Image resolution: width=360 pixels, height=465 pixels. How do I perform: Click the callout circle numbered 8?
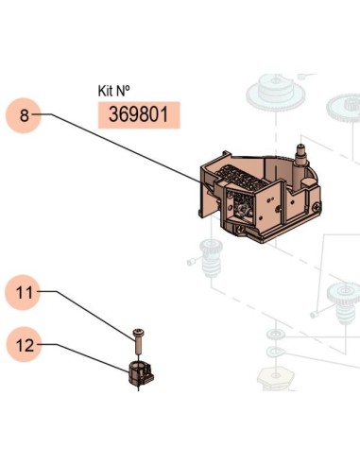tap(24, 115)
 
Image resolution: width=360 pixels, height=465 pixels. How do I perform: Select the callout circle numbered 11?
tap(24, 293)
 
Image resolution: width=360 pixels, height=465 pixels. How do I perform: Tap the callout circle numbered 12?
tap(24, 345)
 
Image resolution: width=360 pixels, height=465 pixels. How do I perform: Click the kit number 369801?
tap(139, 115)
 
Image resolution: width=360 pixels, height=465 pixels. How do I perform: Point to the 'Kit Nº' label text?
tap(113, 91)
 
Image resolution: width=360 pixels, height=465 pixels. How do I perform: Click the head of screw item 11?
tap(138, 332)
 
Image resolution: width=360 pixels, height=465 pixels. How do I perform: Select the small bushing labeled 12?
tap(141, 373)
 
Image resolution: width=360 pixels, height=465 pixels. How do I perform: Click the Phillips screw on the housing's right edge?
tap(317, 207)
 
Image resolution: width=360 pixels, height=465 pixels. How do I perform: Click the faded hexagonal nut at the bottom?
tap(276, 379)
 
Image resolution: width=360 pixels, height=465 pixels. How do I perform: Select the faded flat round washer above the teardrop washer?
tap(275, 334)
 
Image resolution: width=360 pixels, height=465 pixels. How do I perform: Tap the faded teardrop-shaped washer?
tap(275, 351)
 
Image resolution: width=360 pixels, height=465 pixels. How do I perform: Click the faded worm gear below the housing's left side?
tap(211, 257)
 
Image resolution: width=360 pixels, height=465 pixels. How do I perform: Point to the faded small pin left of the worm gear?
tap(193, 261)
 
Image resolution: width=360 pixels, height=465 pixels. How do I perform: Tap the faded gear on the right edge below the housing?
tap(345, 303)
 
